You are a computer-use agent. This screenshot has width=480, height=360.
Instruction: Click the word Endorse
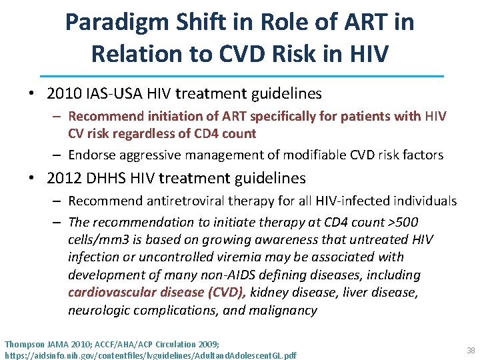(x=92, y=155)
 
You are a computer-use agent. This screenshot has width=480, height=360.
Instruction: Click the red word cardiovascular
(x=110, y=293)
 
